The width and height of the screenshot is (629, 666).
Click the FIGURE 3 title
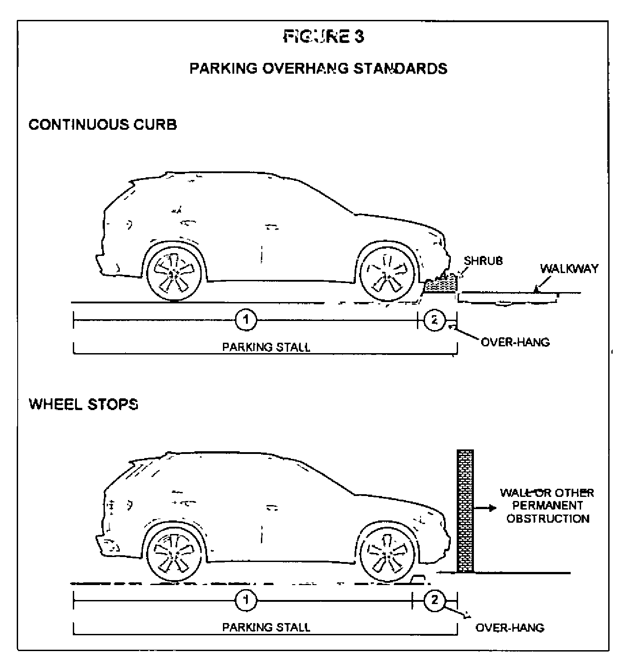pos(323,36)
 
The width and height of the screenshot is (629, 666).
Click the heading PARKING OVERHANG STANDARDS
pos(318,68)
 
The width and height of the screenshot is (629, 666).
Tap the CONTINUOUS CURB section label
pos(103,124)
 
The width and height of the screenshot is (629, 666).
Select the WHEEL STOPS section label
pos(84,404)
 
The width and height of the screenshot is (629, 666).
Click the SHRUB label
pos(483,261)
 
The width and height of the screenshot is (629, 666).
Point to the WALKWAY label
pos(569,269)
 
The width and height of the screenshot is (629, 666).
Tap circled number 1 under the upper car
pos(246,320)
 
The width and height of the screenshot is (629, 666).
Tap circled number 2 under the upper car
pos(435,320)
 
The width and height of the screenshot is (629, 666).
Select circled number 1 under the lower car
pos(246,600)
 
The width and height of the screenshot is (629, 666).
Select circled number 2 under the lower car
pos(435,600)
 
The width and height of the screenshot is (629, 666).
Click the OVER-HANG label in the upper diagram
pos(515,342)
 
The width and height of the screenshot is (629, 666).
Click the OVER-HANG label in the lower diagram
pos(510,628)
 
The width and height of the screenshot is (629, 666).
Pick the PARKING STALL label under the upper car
pos(266,347)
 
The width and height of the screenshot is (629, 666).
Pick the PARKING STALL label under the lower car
pos(266,628)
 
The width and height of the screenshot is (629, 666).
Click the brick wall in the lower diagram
pos(465,511)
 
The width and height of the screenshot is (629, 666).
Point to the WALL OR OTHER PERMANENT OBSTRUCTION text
pos(547,505)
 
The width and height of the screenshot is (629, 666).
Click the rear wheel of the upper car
pos(174,273)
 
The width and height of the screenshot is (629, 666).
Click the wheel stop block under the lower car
pos(420,579)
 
